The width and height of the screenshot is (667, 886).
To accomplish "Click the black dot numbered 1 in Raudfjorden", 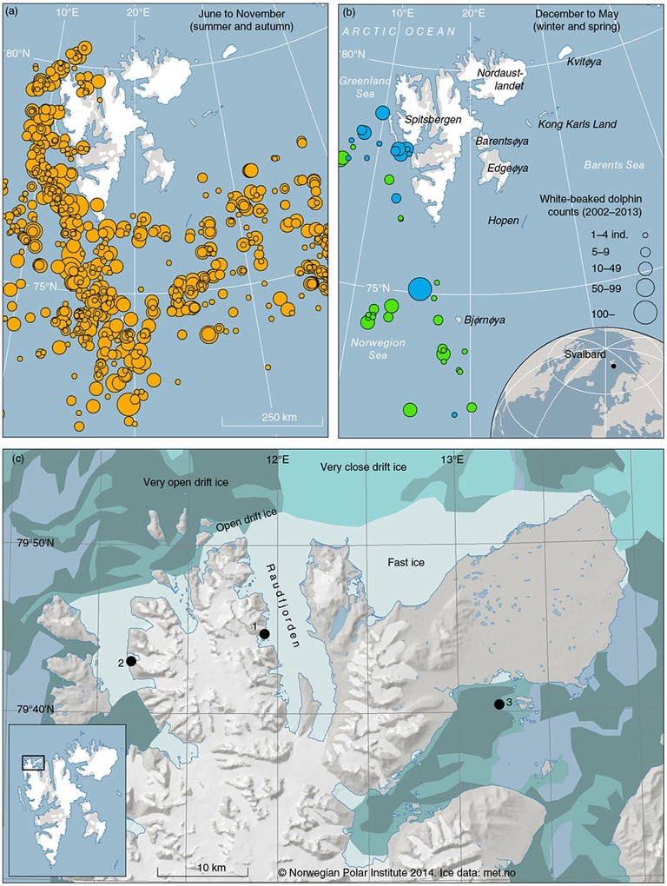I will [x=264, y=634].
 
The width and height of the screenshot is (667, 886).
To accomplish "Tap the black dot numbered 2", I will [x=131, y=661].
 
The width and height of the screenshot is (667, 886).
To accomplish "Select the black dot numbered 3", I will [x=499, y=704].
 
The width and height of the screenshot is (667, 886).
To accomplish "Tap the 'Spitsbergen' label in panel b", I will [x=433, y=118].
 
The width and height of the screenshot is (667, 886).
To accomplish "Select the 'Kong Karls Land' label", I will [x=578, y=124].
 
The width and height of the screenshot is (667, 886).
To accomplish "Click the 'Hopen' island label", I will [x=504, y=221].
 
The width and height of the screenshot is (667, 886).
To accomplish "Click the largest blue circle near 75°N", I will [x=419, y=288].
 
